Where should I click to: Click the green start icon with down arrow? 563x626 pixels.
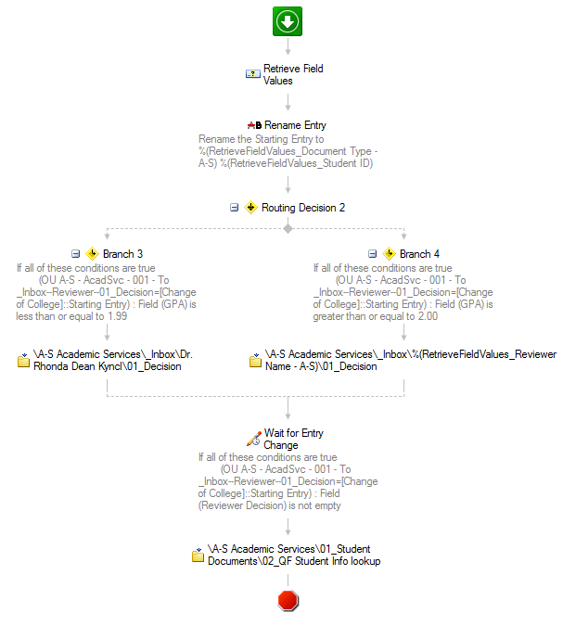[x=288, y=21]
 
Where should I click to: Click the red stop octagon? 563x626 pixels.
[x=288, y=600]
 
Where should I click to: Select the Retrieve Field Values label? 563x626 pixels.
[x=293, y=75]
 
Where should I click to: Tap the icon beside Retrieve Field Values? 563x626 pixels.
[x=253, y=74]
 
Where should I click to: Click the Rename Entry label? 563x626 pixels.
[x=295, y=125]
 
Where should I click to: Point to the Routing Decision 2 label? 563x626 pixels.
[x=303, y=208]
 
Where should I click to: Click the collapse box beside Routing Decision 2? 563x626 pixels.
[x=235, y=208]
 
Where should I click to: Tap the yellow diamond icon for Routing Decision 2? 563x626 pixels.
[x=250, y=208]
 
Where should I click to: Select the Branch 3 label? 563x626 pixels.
[x=122, y=254]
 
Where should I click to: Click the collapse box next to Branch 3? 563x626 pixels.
[x=75, y=254]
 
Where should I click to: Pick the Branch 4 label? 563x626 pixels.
[x=419, y=254]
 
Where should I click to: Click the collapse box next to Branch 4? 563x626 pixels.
[x=372, y=254]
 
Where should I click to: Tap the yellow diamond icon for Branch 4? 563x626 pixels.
[x=389, y=254]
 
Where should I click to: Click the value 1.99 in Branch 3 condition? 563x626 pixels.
[x=118, y=316]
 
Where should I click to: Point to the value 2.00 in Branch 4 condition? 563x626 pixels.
[x=428, y=316]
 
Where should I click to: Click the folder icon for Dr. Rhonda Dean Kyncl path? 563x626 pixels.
[x=23, y=360]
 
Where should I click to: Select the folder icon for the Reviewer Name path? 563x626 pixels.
[x=256, y=360]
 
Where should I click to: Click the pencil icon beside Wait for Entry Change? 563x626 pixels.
[x=253, y=439]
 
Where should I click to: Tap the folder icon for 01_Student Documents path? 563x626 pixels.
[x=198, y=555]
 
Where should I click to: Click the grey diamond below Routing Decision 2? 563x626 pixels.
[x=288, y=229]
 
